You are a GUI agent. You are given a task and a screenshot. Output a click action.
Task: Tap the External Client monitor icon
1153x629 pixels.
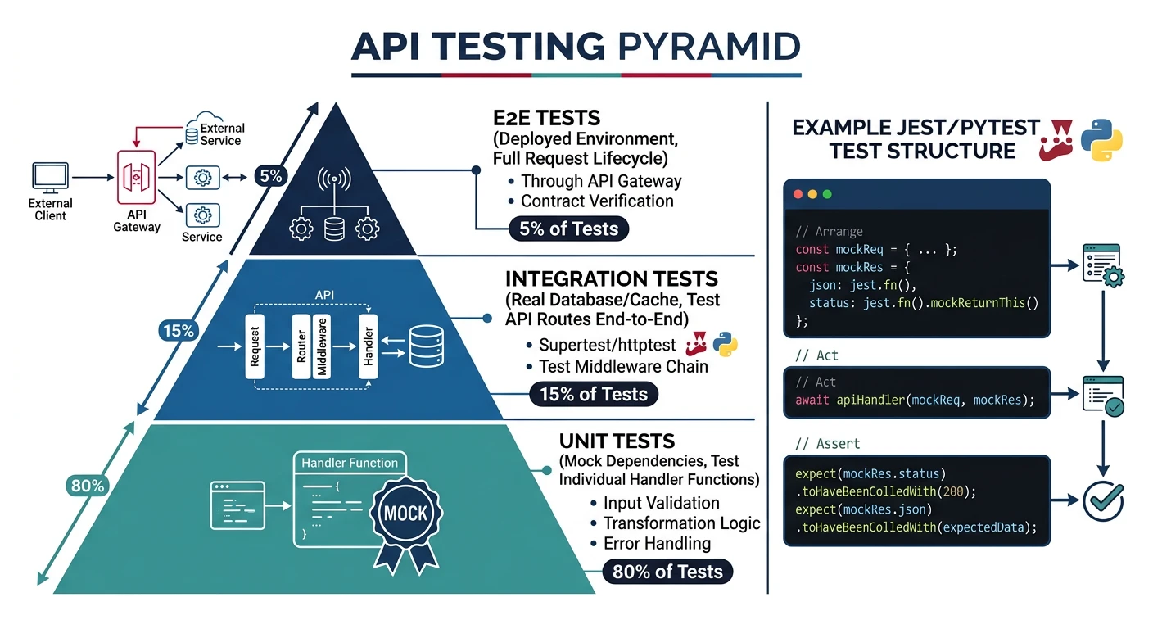point(50,177)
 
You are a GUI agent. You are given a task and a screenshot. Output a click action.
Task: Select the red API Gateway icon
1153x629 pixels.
point(137,177)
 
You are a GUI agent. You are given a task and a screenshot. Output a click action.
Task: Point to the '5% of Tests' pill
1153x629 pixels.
point(568,229)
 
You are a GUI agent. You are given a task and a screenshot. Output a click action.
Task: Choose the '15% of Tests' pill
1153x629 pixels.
point(593,394)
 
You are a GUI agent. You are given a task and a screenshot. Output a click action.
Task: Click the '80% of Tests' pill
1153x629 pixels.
point(667,572)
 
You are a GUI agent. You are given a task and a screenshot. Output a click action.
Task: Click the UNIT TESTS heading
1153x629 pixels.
point(617,441)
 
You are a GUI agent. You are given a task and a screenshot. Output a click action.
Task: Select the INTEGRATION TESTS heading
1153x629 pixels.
point(611,279)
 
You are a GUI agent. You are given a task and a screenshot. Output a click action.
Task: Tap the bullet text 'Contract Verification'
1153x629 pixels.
point(597,201)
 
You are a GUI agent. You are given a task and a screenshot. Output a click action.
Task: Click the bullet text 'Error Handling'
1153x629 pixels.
point(657,543)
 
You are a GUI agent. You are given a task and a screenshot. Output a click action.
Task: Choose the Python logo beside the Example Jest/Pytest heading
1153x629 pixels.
point(1101,138)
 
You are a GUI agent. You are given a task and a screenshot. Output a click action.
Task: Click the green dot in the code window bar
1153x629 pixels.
point(827,195)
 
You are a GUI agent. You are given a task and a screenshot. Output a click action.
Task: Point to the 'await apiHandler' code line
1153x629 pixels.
point(915,400)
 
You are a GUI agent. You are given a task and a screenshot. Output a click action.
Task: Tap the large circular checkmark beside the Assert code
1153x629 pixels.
point(1103,501)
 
